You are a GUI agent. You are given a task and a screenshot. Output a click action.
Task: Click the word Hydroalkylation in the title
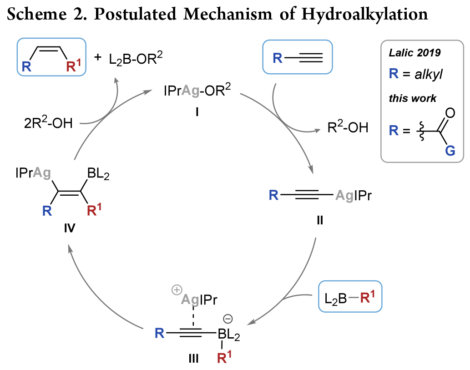(x=365, y=15)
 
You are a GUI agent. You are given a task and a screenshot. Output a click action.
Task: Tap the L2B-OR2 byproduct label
(x=135, y=60)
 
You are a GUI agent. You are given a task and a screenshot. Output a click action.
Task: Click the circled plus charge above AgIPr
(x=176, y=289)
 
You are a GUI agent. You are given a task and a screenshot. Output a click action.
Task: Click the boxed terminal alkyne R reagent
(x=298, y=57)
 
